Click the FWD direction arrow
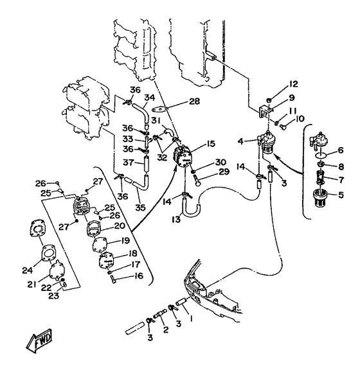click(x=39, y=340)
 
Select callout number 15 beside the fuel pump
click(x=210, y=144)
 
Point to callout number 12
click(x=292, y=84)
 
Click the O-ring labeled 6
click(x=321, y=155)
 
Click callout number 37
click(x=129, y=163)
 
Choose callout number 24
click(x=28, y=270)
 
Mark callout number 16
click(x=139, y=276)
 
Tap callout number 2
click(x=166, y=330)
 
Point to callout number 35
click(x=140, y=207)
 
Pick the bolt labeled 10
click(x=284, y=127)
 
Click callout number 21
click(x=32, y=285)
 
